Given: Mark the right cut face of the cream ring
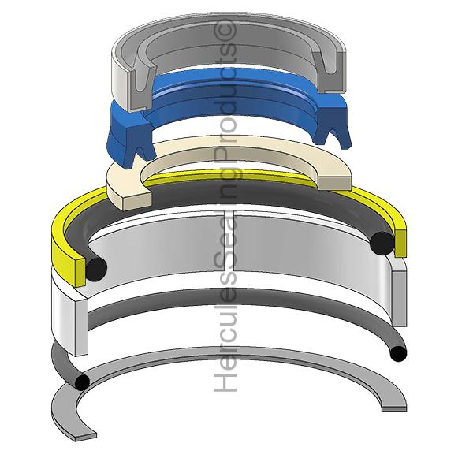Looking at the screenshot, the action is point(335,184).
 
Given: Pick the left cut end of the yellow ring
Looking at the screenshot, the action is point(80,272).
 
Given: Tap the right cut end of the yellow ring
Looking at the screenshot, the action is point(400,243).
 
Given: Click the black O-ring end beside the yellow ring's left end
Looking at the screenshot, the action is point(96,269).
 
